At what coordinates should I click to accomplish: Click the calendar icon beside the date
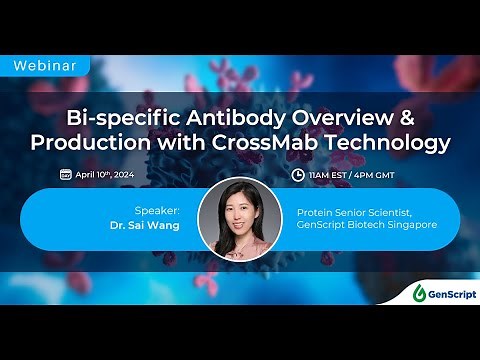click(x=65, y=174)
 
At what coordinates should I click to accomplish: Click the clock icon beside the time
click(x=297, y=174)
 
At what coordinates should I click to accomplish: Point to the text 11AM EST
click(x=331, y=174)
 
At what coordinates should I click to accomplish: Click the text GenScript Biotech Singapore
click(x=367, y=225)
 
